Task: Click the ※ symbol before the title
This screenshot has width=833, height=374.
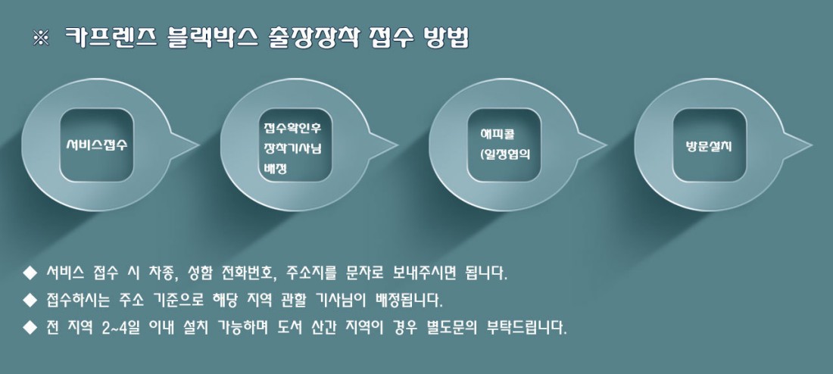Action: pos(41,39)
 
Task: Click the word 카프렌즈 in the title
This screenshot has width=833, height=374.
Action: pos(111,38)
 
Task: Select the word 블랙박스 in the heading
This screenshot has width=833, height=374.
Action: pos(213,38)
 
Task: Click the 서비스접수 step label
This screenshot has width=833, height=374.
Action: pos(97,145)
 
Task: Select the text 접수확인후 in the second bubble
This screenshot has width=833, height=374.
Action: pos(292,128)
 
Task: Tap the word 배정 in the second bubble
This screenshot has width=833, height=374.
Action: pos(275,170)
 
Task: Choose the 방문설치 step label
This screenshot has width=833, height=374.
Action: pos(709,146)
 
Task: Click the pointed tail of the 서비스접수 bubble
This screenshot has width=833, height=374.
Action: pos(198,144)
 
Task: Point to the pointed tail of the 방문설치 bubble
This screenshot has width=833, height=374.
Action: pos(811,144)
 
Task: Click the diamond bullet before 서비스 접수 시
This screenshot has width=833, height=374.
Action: pos(30,273)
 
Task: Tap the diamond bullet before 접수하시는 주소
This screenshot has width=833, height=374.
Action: pos(30,300)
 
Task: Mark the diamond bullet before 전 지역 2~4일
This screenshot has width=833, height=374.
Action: pos(30,327)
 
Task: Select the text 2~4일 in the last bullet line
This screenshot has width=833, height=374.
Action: pos(120,328)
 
